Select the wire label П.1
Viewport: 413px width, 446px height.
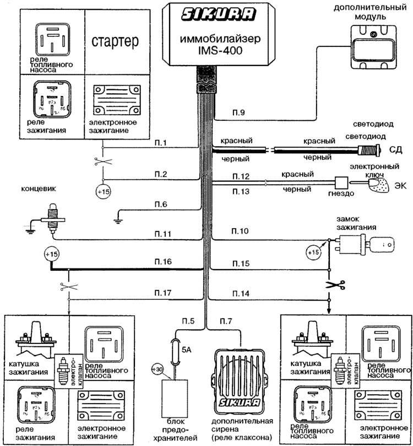(x=161, y=143)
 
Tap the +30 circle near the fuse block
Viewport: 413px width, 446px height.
(x=157, y=370)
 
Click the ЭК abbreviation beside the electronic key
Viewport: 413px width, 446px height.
(x=399, y=185)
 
